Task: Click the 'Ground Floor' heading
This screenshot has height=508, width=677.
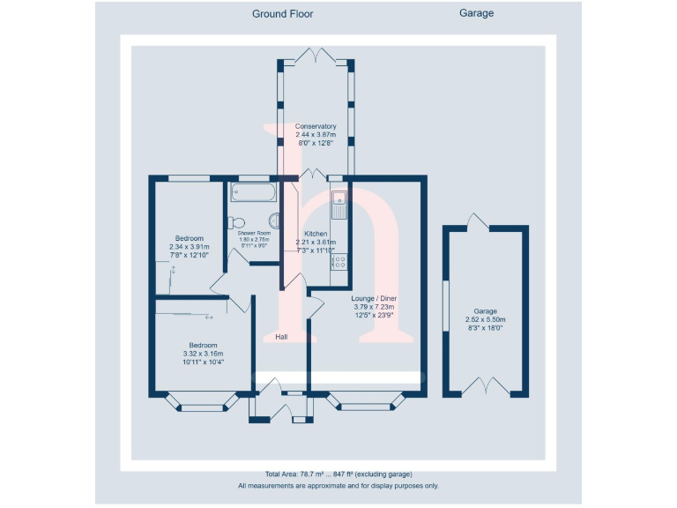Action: [x=282, y=13]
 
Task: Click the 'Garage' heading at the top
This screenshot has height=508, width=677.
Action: [x=476, y=13]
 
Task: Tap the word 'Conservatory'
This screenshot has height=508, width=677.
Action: [x=316, y=126]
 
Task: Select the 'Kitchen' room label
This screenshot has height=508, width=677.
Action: [x=316, y=234]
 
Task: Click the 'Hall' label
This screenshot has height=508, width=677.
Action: [x=281, y=337]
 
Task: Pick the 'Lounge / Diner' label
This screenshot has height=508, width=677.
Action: [x=374, y=299]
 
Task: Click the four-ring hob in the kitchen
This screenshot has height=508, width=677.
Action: [x=339, y=262]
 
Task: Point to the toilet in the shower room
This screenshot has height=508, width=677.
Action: [x=236, y=222]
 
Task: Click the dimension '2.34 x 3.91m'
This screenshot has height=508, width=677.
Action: [x=190, y=247]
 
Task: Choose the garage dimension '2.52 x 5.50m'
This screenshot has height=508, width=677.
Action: [x=485, y=319]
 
